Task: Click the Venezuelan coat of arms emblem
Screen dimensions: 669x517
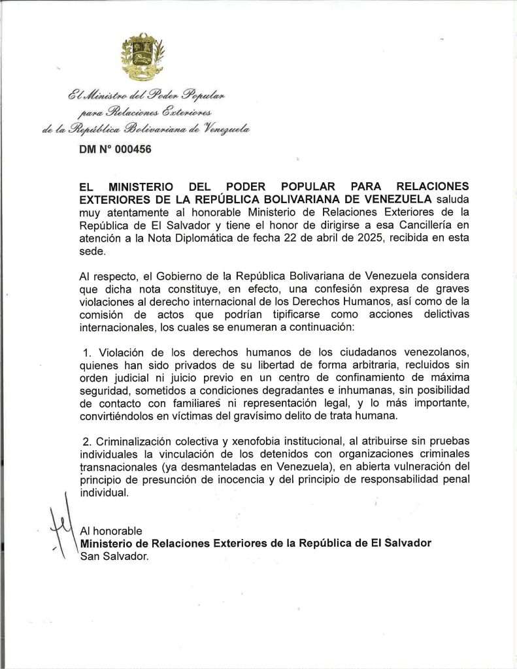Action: [x=142, y=56]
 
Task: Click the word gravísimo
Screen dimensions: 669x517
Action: [x=282, y=416]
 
